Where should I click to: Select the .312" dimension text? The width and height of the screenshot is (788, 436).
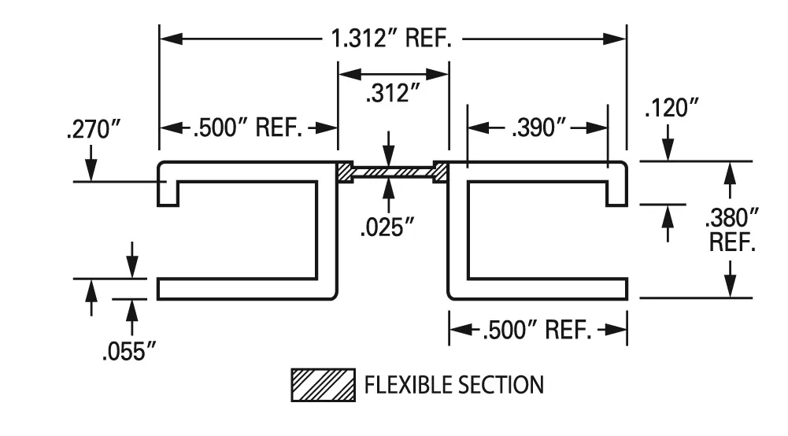(393, 94)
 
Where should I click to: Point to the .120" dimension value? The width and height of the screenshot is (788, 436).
(671, 109)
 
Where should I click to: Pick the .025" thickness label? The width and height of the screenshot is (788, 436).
(387, 227)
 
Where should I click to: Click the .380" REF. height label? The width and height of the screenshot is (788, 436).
(733, 229)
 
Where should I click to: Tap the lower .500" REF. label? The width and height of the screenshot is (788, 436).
(537, 331)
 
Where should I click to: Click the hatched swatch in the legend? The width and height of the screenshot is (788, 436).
(323, 385)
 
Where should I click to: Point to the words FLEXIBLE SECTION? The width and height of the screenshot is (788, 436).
(453, 385)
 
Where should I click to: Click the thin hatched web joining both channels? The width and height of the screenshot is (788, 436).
(393, 172)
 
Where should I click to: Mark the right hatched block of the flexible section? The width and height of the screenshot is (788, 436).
(440, 172)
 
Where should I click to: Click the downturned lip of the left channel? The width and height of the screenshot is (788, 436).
(168, 193)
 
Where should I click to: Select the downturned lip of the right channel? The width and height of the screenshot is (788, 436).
(616, 193)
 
